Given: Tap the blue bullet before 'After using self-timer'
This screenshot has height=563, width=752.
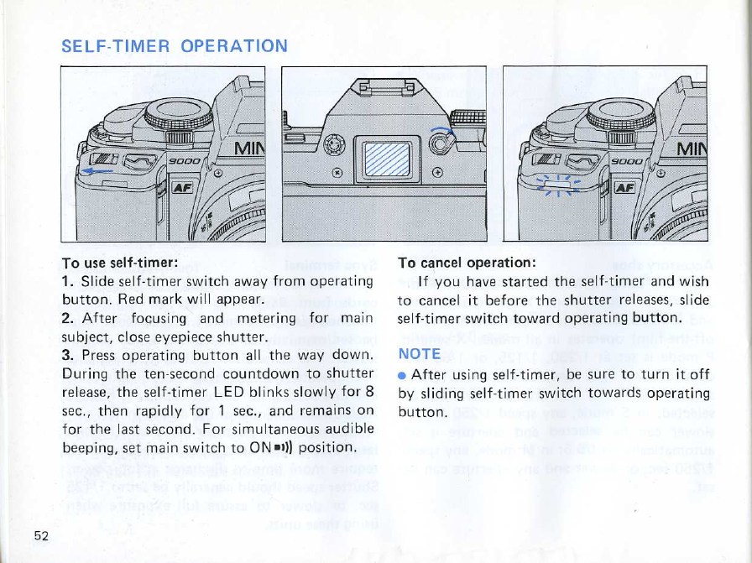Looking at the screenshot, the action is pos(402,374).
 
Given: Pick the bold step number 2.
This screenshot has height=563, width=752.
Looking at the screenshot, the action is pos(67,318).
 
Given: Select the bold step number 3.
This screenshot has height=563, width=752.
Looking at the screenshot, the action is pos(67,357).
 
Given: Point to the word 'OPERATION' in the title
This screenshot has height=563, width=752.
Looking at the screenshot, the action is pos(235,45).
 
